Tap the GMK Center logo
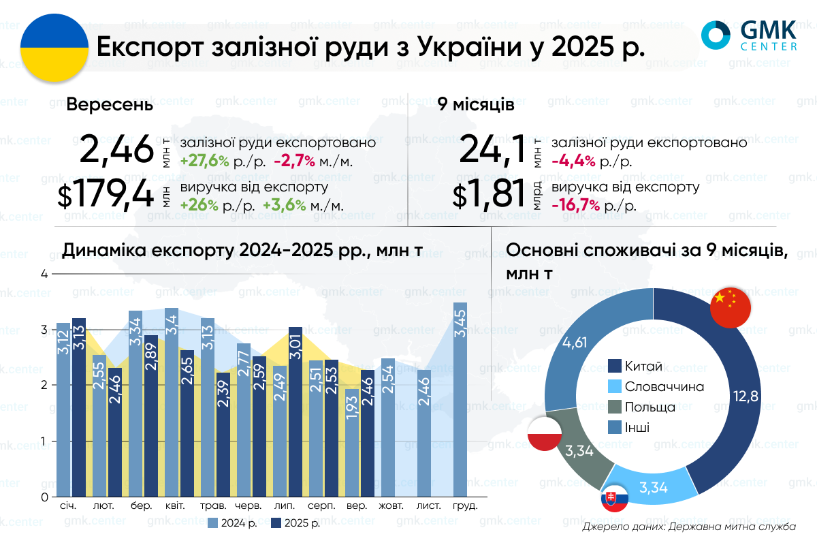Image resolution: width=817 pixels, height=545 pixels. [x=750, y=35]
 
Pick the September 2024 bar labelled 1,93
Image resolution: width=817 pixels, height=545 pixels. [x=351, y=442]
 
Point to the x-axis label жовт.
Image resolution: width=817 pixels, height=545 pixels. [x=391, y=507]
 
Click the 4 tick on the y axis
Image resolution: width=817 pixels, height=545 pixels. [x=45, y=274]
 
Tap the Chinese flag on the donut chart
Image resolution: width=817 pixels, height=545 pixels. [x=730, y=307]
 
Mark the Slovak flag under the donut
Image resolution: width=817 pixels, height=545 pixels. [x=614, y=500]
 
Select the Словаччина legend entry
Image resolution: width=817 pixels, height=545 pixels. [x=655, y=387]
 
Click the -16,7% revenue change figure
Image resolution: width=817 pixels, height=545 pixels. [x=576, y=206]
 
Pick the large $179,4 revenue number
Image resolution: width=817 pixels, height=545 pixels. [x=106, y=196]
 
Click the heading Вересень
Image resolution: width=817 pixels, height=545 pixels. [x=109, y=106]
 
